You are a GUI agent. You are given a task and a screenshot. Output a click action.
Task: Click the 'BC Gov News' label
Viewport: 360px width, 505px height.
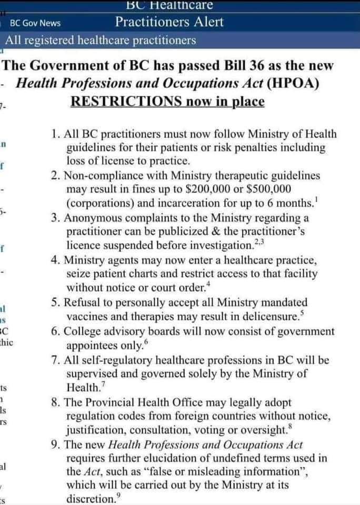(x=35, y=23)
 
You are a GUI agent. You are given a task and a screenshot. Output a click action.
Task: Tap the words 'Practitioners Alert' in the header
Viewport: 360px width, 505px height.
(x=169, y=22)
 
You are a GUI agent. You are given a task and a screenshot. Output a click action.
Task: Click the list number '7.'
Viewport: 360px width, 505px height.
(x=57, y=360)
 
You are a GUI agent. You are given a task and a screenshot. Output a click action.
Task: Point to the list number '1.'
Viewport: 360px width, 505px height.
(x=57, y=135)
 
